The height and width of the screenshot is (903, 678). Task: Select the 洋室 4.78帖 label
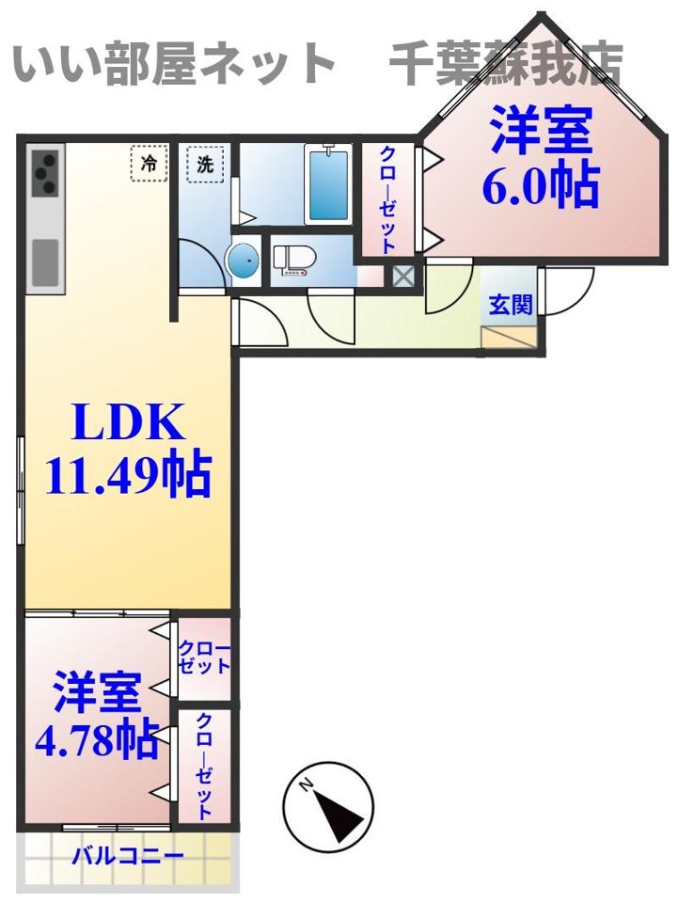(x=97, y=714)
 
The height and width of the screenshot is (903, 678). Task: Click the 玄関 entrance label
(x=510, y=305)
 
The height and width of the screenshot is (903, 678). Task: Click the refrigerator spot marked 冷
(x=150, y=164)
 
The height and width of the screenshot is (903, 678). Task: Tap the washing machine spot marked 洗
(x=205, y=164)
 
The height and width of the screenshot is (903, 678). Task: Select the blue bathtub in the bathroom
(x=327, y=184)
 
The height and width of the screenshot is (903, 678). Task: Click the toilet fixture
(x=294, y=260)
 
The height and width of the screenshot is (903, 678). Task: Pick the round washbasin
(x=245, y=261)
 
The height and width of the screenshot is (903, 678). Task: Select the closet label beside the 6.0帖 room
(x=388, y=198)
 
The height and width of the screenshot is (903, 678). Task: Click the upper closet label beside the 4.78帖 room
(x=205, y=658)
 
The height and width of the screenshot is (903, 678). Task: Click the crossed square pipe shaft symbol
(x=403, y=276)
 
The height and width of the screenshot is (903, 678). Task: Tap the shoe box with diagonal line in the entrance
(x=510, y=337)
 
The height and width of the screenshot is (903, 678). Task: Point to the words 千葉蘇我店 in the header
(x=507, y=64)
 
